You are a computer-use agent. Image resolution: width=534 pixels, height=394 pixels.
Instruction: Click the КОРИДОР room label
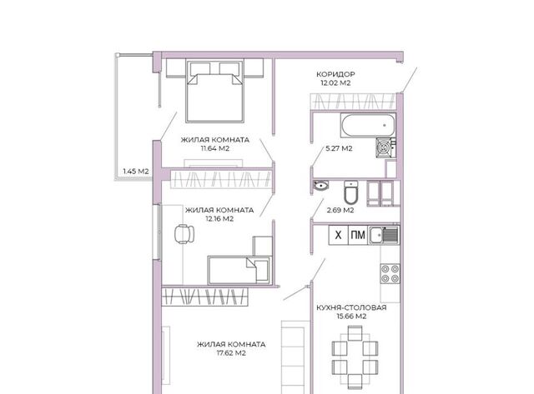tap(335, 74)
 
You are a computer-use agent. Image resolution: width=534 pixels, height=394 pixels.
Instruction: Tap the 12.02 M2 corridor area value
tap(335, 83)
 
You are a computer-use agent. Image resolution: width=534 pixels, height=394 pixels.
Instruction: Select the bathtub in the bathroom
tap(369, 126)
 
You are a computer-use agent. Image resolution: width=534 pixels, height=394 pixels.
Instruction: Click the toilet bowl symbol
tap(350, 192)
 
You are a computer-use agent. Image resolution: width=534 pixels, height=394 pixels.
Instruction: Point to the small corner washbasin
tap(320, 185)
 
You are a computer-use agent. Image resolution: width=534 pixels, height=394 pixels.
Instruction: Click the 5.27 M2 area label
tap(339, 148)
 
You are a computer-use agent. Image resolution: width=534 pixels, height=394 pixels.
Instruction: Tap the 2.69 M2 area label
tap(340, 210)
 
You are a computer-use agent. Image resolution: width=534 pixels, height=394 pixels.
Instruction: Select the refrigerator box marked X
tap(338, 235)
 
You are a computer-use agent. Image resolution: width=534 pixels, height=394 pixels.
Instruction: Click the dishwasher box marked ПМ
tap(358, 235)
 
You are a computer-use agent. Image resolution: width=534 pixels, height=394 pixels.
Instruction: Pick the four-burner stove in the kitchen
tap(390, 274)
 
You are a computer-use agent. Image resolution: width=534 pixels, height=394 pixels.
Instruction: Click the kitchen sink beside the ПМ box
tap(384, 235)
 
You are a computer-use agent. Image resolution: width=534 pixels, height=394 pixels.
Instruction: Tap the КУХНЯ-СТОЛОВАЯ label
tap(351, 307)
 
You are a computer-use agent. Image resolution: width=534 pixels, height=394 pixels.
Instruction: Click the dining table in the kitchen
tap(355, 357)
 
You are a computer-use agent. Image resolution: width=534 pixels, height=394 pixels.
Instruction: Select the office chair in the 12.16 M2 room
tap(184, 234)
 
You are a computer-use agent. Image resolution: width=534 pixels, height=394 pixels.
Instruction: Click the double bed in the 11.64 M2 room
tap(214, 91)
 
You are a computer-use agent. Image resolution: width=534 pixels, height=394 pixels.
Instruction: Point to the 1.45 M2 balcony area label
tap(136, 172)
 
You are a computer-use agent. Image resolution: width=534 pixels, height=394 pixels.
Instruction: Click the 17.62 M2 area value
tap(231, 353)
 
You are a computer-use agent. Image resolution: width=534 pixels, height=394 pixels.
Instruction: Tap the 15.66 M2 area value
tap(352, 317)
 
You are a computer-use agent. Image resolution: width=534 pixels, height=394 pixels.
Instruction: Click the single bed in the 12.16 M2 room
tap(239, 270)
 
